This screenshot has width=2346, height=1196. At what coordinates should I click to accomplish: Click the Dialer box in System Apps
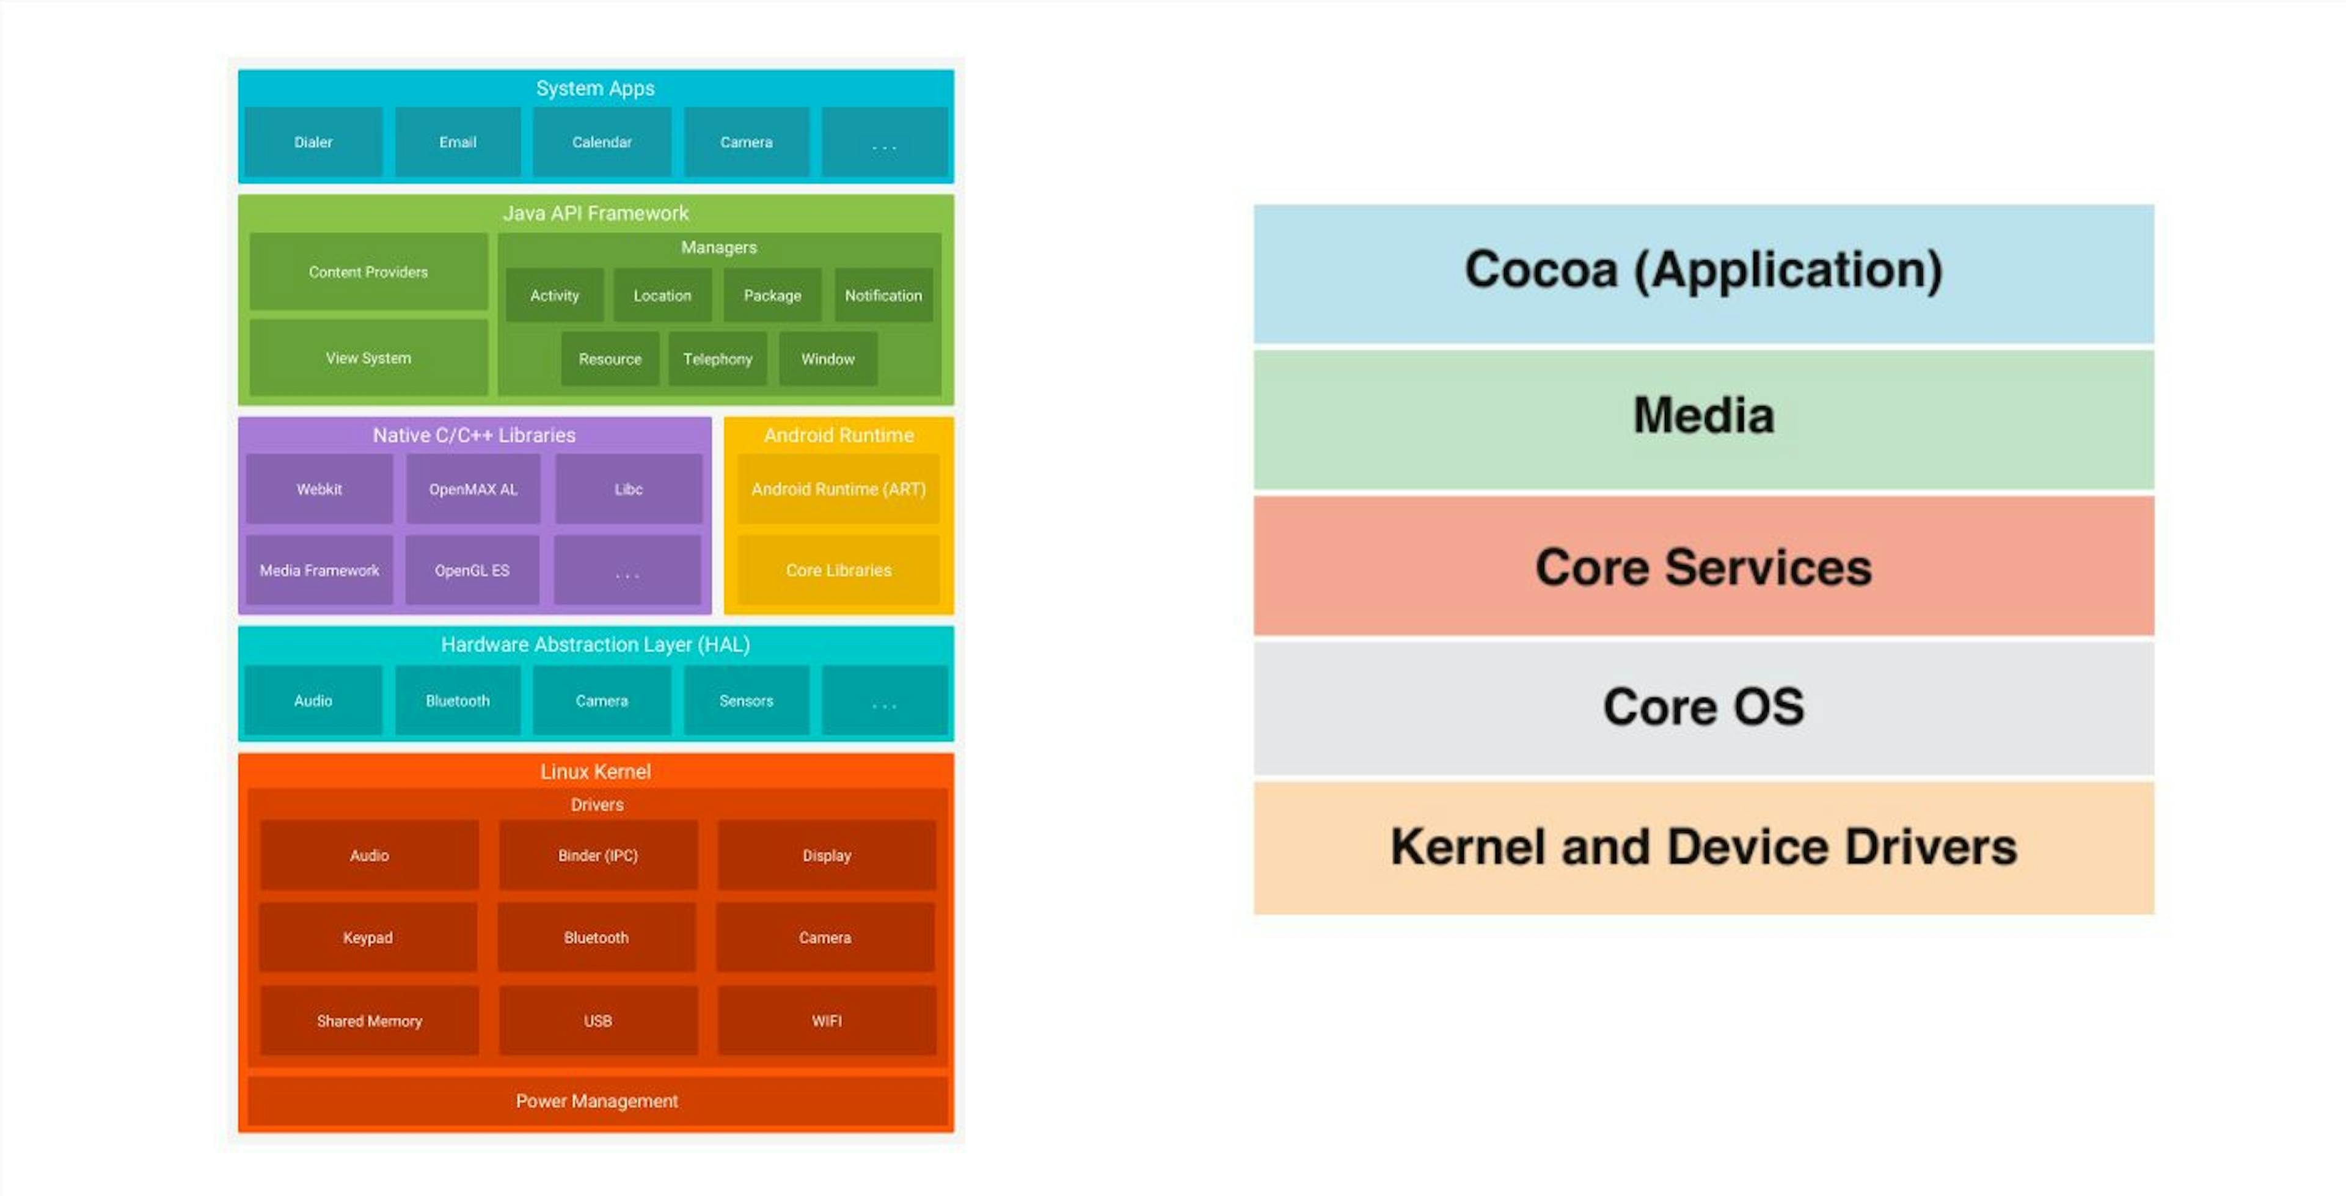[x=313, y=142]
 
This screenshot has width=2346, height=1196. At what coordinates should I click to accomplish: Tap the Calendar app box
[x=601, y=142]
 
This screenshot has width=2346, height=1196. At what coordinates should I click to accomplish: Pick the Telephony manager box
[x=718, y=359]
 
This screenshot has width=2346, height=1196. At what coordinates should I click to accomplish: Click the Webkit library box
[x=319, y=489]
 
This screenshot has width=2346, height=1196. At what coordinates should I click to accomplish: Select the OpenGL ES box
[x=472, y=571]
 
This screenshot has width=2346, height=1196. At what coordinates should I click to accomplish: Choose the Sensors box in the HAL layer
[x=746, y=701]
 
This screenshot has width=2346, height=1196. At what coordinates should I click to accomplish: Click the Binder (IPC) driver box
[x=597, y=855]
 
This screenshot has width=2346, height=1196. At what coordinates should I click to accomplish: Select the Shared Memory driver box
[x=369, y=1021]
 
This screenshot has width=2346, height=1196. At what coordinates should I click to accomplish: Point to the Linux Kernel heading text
[x=596, y=771]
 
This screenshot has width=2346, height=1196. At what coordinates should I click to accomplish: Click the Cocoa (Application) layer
[x=1703, y=271]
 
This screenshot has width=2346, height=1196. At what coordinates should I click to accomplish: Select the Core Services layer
[x=1703, y=567]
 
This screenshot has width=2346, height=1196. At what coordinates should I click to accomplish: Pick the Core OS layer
[x=1703, y=707]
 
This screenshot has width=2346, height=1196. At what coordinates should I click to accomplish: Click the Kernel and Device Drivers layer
[x=1703, y=847]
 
